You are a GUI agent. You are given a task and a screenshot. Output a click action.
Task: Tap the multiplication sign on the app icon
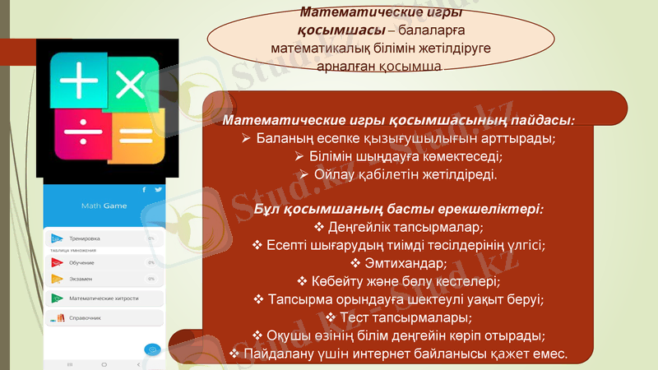pos(130,85)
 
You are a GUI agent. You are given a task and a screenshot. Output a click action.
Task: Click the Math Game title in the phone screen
pos(104,206)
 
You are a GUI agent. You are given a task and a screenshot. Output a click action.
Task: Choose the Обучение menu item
pos(81,262)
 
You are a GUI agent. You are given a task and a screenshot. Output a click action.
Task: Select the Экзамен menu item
pos(81,279)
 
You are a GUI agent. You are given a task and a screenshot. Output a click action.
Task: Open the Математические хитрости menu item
pos(103,298)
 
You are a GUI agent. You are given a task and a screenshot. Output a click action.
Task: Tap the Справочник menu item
pos(85,317)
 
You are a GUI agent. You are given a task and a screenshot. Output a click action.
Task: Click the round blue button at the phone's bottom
pos(151,349)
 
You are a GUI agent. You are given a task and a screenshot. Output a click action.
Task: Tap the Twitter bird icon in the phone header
pos(157,190)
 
